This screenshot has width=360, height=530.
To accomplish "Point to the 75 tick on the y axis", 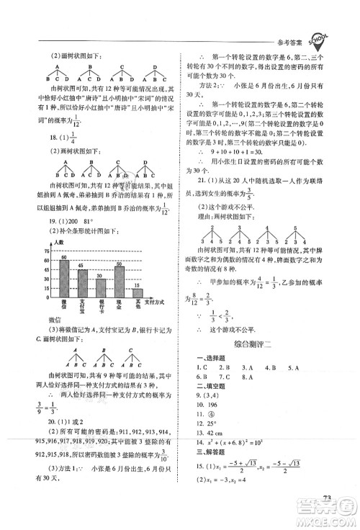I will pos(47,251).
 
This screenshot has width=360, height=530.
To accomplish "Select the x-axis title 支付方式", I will pos(160,300).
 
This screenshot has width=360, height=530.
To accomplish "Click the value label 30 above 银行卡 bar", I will pos(100,275).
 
